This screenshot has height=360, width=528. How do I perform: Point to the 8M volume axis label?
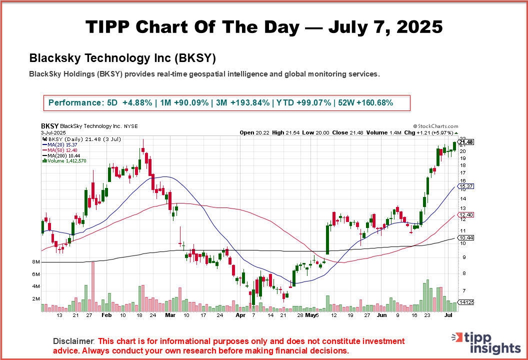coord(35,262)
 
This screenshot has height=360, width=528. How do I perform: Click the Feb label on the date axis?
coord(106,316)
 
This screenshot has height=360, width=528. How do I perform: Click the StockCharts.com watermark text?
coord(435,127)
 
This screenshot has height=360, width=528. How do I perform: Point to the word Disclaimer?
coord(73,341)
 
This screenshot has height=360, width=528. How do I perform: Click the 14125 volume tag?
coord(466,302)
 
